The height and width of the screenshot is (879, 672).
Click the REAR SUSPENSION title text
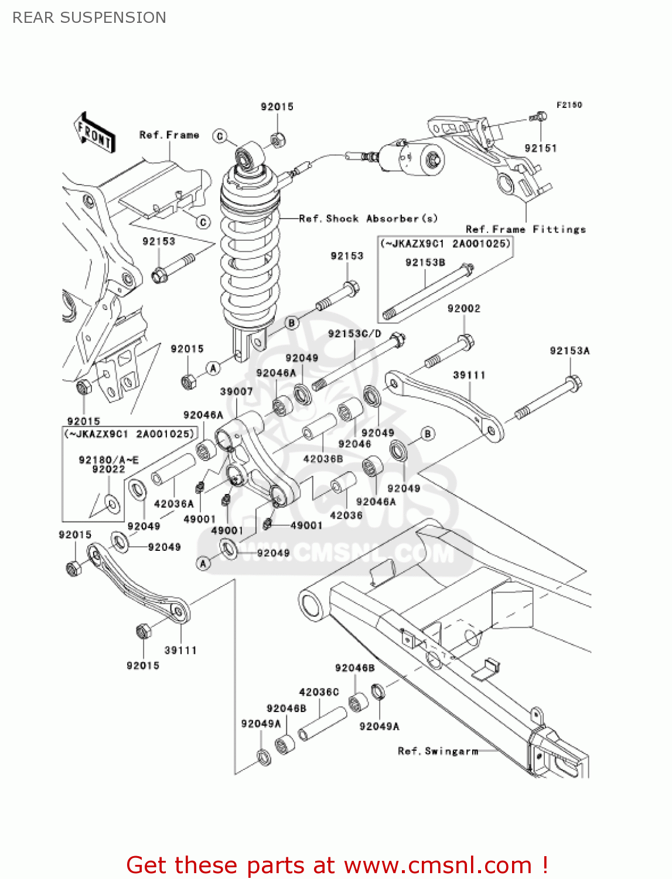[x=89, y=18]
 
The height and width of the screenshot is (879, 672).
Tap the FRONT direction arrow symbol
[x=94, y=133]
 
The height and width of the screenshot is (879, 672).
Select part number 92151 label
[x=540, y=148]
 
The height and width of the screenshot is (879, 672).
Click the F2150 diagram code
[x=569, y=105]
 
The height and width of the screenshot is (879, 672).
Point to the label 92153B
[x=425, y=263]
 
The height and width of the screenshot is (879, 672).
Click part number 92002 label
[x=463, y=308]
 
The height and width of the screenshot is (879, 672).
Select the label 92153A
[x=569, y=350]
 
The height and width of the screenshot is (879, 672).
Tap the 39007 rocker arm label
[x=236, y=391]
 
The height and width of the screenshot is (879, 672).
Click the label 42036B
[x=323, y=459]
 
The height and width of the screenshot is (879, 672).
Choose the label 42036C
[x=319, y=692]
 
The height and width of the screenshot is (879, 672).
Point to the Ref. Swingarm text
[x=438, y=751]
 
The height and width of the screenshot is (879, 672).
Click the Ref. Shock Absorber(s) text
[x=368, y=219]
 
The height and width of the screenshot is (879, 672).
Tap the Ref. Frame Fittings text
[x=526, y=229]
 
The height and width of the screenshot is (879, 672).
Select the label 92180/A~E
[x=108, y=460]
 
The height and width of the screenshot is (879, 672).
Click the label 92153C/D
[x=354, y=333]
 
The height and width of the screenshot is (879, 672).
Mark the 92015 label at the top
[x=277, y=107]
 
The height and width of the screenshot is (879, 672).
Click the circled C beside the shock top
[x=220, y=137]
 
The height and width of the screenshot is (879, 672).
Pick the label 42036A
[x=173, y=503]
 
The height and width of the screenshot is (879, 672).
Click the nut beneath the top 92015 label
[x=277, y=139]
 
